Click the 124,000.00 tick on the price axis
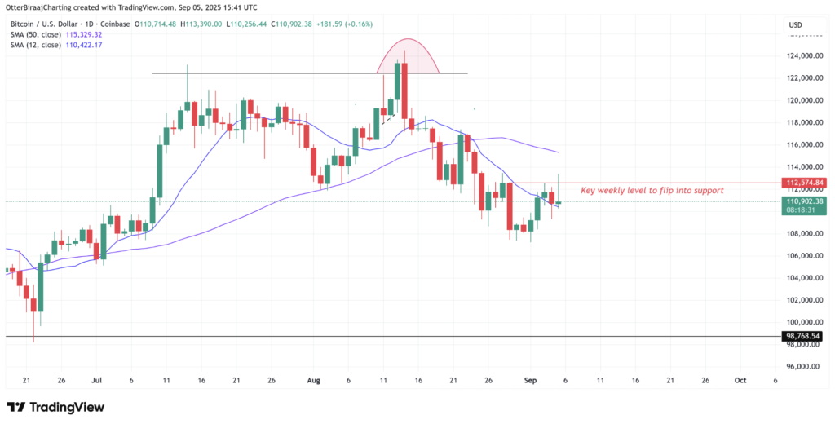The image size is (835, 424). [x=804, y=56]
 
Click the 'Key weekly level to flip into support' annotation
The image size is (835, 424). [x=652, y=190]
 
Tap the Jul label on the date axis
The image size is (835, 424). [x=97, y=381]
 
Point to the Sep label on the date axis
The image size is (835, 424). [x=530, y=381]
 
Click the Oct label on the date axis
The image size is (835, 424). [x=740, y=381]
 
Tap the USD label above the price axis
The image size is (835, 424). [x=796, y=25]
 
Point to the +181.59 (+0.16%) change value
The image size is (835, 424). [x=346, y=24]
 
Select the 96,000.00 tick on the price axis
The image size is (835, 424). [x=804, y=367]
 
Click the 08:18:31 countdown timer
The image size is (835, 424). [x=804, y=210]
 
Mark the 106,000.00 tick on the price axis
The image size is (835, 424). [x=804, y=256]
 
